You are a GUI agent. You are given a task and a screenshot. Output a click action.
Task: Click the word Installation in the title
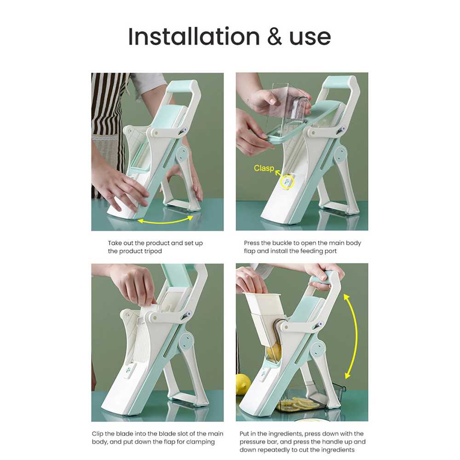tap(194, 36)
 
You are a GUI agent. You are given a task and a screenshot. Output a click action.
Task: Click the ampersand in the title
tap(274, 37)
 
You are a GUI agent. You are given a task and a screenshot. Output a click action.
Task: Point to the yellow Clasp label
tap(264, 168)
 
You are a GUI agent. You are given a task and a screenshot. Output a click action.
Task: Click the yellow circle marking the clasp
tap(287, 182)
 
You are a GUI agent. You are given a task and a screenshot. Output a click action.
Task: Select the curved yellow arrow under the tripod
tap(165, 221)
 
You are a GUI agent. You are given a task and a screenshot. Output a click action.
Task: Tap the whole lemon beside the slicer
tap(243, 384)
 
